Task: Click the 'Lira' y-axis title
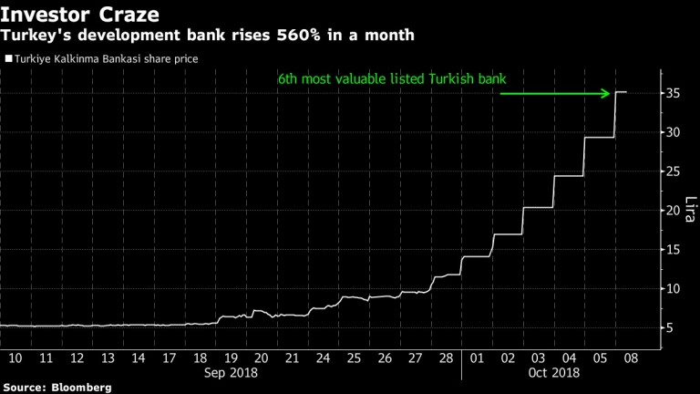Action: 691,211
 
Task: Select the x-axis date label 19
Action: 232,357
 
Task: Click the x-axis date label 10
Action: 15,357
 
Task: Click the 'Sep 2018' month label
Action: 231,372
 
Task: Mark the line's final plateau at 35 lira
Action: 621,92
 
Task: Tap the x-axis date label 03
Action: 539,357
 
